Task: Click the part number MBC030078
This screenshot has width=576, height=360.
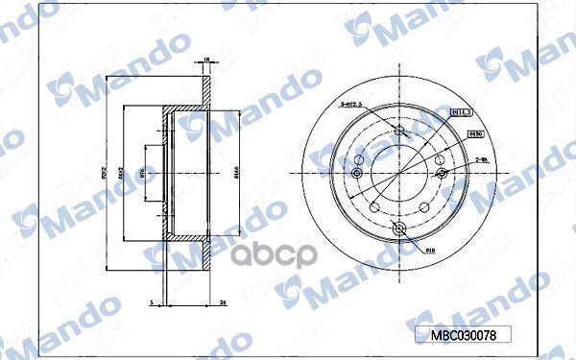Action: (464, 335)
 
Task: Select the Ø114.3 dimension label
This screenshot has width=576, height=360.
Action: (461, 112)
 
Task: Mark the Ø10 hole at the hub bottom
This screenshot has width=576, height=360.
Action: (398, 228)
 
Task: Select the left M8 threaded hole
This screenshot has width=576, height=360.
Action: (356, 174)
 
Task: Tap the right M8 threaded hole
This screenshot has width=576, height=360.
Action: (441, 174)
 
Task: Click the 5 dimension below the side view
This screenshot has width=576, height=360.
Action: (151, 302)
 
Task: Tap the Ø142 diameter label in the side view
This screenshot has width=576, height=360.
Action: (121, 174)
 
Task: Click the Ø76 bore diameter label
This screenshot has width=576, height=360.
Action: (142, 174)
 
